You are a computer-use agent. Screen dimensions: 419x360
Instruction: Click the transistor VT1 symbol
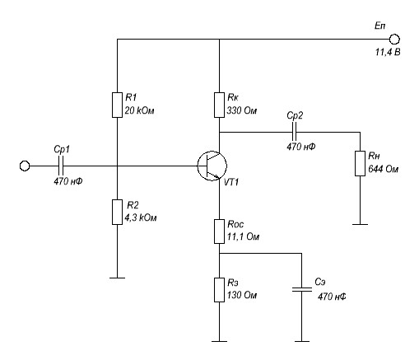pos(212,166)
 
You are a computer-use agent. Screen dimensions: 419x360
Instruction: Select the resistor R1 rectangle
pos(117,105)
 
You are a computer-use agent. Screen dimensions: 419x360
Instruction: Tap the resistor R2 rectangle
pos(117,212)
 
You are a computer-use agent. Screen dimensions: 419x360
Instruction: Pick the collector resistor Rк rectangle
pos(219,105)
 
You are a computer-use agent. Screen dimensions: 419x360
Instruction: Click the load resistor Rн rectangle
pos(360,163)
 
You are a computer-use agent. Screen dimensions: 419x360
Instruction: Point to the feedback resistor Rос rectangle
pos(219,231)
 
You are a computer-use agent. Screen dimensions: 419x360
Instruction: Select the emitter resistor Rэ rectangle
pos(219,290)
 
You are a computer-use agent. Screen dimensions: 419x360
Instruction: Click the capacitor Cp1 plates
pos(61,166)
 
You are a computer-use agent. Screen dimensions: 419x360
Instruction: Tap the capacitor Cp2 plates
pos(294,132)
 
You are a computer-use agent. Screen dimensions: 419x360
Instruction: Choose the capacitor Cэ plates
pos(301,289)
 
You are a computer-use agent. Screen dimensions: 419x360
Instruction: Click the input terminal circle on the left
pos(25,166)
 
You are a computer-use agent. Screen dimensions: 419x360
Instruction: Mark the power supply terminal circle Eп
pos(394,40)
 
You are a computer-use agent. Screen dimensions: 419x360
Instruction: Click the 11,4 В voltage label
pos(388,52)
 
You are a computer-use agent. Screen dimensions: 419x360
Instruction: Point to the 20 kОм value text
pos(139,110)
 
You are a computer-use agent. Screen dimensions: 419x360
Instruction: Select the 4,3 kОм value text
pos(141,217)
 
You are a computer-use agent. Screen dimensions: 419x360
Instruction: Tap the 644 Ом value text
pos(383,169)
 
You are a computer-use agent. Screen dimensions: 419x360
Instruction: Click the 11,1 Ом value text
pos(243,236)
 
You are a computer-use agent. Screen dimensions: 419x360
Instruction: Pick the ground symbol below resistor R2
pos(117,278)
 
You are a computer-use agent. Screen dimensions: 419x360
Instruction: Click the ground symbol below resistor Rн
pos(360,224)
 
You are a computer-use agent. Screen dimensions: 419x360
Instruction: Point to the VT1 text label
pos(231,182)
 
